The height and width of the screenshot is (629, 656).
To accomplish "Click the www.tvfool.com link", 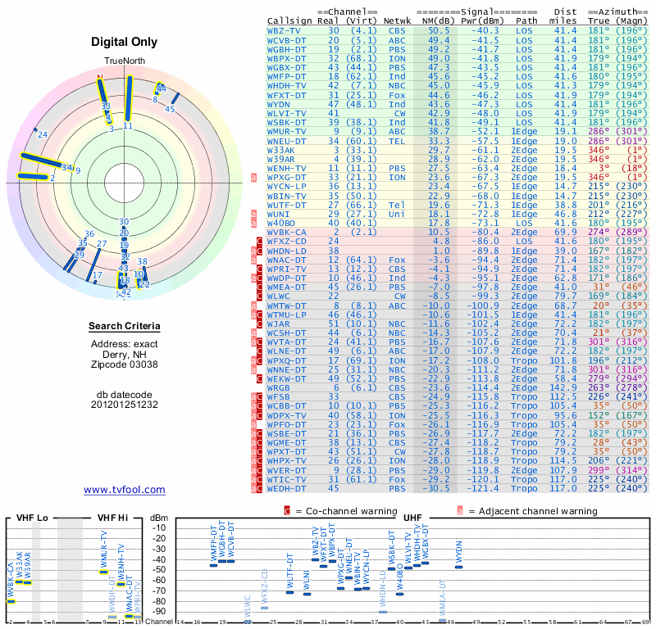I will (x=125, y=490).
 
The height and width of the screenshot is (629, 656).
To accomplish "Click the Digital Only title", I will (x=125, y=42).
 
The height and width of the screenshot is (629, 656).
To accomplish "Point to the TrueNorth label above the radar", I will (x=124, y=62).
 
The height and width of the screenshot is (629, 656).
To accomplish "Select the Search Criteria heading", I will (x=125, y=327).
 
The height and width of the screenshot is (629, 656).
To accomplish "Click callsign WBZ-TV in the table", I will (x=284, y=30).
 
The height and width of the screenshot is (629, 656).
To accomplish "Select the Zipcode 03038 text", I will (x=125, y=364).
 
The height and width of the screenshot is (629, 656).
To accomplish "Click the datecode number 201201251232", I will (x=125, y=405).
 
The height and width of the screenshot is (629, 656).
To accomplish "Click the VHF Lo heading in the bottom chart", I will (x=32, y=518).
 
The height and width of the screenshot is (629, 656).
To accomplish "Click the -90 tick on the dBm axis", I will (x=158, y=611).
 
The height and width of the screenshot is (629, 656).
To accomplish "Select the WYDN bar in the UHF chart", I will (x=459, y=566).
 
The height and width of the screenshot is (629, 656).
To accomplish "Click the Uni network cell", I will (x=397, y=213).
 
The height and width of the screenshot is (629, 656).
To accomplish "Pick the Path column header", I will (x=527, y=20).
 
